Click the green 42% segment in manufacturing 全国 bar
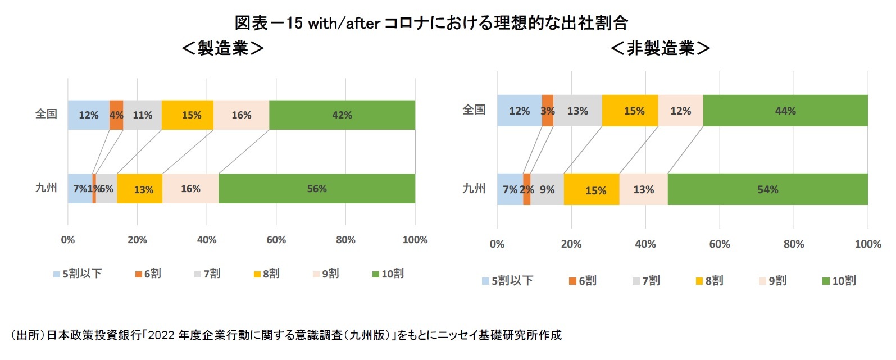pos(342,115)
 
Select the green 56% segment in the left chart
pos(317,189)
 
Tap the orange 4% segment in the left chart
pos(116,115)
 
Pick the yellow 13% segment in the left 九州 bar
pos(140,189)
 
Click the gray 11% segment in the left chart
pos(142,115)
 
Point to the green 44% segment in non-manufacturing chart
pos(785,111)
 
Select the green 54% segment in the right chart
pos(767,189)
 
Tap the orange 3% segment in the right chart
pos(548,111)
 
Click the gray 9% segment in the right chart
pos(547,189)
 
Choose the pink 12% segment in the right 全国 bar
pos(680,111)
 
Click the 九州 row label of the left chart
pos(46,188)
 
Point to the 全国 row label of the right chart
pos(474,110)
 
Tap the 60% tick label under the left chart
pos(276,240)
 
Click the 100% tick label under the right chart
pos(867,244)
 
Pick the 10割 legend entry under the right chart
pos(839,281)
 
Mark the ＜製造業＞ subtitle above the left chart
pos(223,48)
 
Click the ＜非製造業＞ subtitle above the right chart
pos(661,48)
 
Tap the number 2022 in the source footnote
pos(162,335)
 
